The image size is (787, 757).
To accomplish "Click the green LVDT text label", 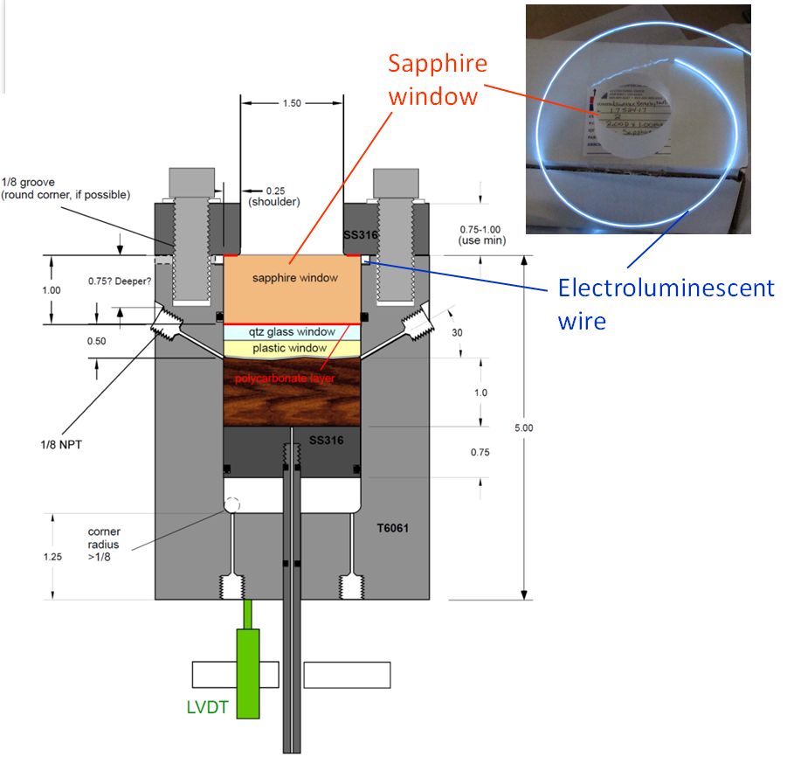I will (206, 706).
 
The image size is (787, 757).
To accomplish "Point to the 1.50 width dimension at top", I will (292, 103).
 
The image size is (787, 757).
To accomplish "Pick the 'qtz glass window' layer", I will (292, 332).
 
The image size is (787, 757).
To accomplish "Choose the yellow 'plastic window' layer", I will (292, 348).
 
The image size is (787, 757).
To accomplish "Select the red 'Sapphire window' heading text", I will (437, 79).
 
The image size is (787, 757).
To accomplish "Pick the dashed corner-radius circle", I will (233, 505).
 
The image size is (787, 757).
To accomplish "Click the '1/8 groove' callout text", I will (66, 188).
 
